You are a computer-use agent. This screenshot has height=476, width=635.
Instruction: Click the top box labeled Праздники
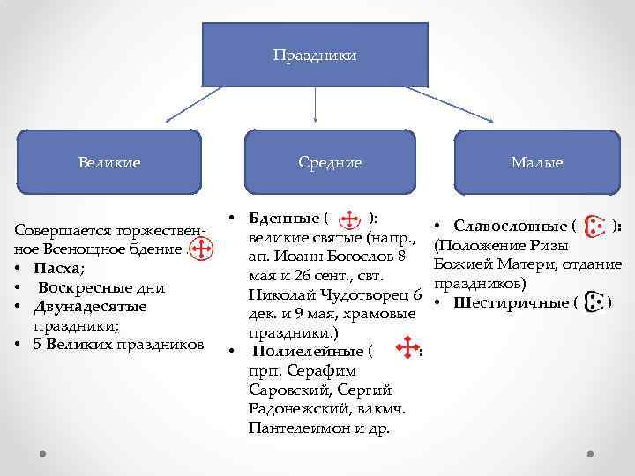315,56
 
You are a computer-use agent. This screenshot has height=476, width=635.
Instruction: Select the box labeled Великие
109,162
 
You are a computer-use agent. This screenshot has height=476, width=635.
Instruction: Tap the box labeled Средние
330,162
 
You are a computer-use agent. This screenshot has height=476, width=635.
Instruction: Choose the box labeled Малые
537,162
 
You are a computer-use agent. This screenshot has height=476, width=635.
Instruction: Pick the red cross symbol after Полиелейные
407,350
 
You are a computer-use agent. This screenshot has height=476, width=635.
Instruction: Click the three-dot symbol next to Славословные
595,227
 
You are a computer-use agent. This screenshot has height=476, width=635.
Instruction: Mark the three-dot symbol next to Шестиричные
595,302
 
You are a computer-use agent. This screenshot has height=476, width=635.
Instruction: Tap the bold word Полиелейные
301,352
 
